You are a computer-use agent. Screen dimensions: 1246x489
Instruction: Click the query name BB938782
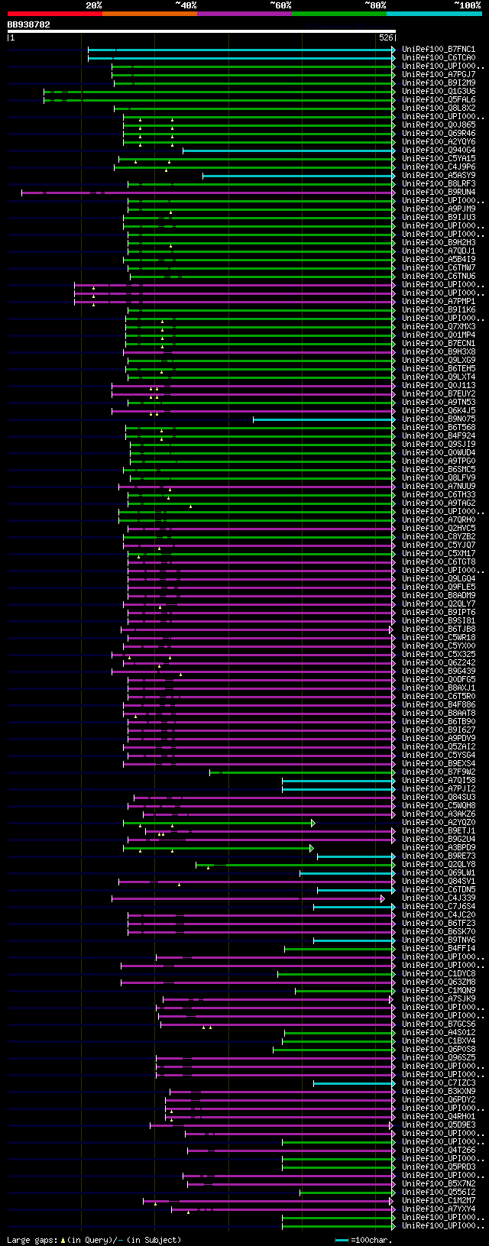29,24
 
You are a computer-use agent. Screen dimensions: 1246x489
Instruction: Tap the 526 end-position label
386,37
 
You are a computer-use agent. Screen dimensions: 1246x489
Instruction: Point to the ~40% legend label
186,5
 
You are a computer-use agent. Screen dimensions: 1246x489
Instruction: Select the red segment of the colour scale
54,14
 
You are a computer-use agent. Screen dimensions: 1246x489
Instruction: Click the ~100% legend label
468,5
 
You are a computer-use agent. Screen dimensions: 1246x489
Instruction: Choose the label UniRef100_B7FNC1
439,50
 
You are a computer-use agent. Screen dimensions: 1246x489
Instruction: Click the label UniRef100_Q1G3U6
439,92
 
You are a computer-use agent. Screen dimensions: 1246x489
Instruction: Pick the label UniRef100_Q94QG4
439,150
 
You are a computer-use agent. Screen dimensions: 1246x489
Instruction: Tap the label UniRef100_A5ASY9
439,176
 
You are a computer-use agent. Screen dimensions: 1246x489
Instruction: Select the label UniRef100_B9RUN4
439,193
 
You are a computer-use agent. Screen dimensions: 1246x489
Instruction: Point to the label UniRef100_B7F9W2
439,772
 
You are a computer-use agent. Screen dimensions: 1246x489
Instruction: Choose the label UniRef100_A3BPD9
439,848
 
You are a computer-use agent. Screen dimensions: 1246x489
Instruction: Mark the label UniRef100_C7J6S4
439,907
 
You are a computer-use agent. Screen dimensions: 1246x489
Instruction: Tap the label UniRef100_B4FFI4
439,949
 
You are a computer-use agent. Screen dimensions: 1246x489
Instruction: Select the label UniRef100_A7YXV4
439,1209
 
